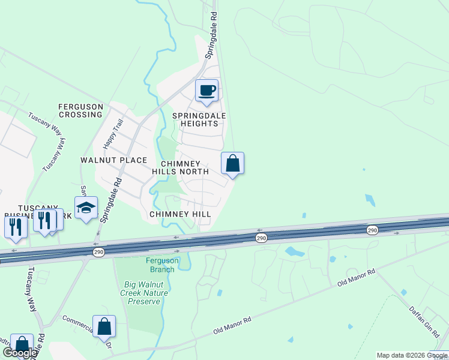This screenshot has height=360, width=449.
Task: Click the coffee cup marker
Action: pos(206,91)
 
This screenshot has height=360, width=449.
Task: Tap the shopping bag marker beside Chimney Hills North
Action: pos(232,163)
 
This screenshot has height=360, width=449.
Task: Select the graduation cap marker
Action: pos(86,208)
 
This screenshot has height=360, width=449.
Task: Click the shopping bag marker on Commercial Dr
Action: pos(104,327)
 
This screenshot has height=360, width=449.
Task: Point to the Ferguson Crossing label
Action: pos(80,110)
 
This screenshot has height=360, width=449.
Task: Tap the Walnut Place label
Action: pos(113,160)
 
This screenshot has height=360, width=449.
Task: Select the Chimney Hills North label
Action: pos(185,167)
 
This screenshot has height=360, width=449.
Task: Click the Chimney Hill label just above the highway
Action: pos(179,214)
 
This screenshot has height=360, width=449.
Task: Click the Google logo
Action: pos(20,353)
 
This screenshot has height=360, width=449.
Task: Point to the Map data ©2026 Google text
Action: pos(412,355)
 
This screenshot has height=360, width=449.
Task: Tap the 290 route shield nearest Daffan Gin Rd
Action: pos(372,230)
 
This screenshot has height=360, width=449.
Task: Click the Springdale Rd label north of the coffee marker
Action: pos(213,40)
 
